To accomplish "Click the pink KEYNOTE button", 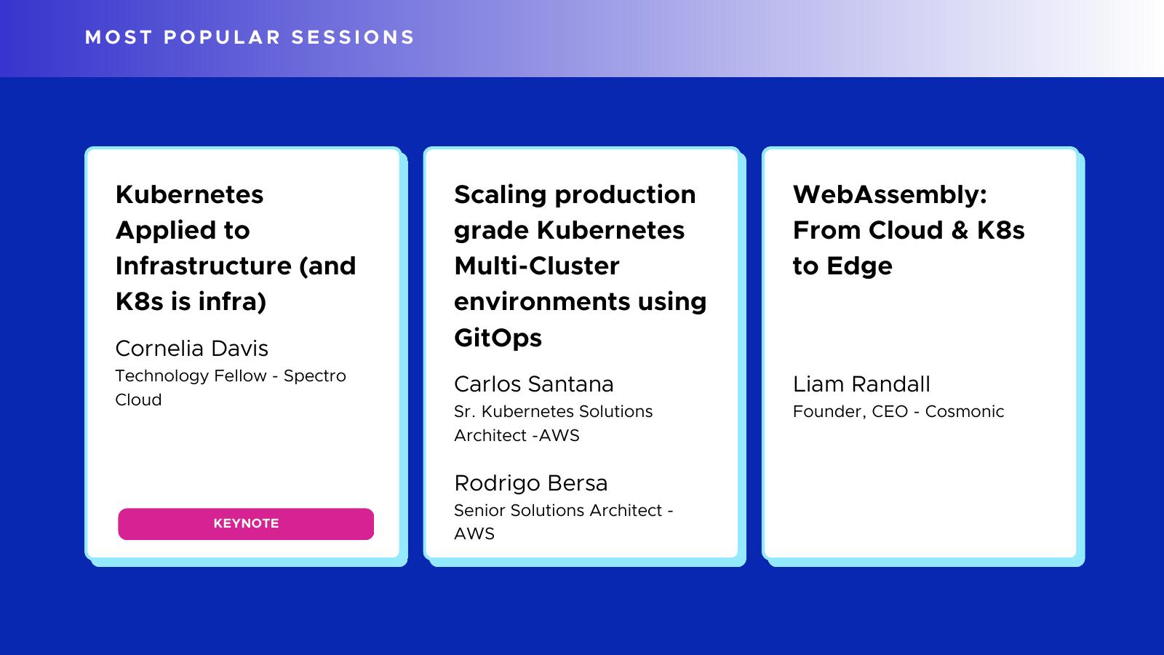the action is point(246,523).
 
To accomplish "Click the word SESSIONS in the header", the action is point(353,37).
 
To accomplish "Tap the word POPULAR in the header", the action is point(223,37).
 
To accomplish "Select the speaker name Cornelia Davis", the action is point(192,349).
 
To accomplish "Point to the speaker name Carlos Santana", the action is point(534,384).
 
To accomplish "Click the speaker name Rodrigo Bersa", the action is point(530,483).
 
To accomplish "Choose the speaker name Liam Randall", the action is point(861,384).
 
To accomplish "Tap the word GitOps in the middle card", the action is point(498,338).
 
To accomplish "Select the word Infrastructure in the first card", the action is point(204,266).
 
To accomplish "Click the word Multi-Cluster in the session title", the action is point(537,266).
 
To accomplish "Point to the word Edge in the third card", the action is point(859,266).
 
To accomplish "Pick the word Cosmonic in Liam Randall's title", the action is point(965,411).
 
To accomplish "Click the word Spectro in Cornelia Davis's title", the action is point(315,376).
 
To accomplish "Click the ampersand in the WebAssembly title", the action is point(960,230).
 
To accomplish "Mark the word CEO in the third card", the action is point(890,411).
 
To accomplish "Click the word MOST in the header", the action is point(119,37).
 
